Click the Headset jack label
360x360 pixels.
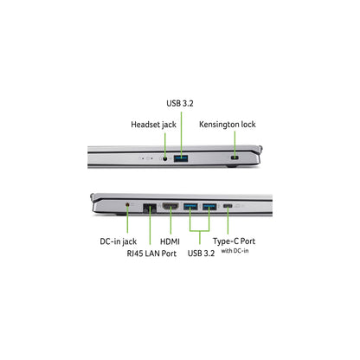(x=153, y=125)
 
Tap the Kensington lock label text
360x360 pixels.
(x=228, y=125)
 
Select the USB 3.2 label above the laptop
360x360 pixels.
(x=180, y=103)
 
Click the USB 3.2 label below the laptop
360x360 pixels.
(x=201, y=254)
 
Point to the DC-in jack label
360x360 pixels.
(x=119, y=241)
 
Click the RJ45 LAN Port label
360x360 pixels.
(x=151, y=254)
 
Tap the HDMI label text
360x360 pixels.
(x=170, y=241)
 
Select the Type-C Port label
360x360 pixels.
(x=234, y=241)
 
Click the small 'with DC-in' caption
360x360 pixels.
(x=235, y=251)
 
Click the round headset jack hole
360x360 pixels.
(x=165, y=158)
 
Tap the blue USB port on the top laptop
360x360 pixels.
(x=181, y=158)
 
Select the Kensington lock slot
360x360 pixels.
(x=235, y=158)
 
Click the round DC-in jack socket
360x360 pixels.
(x=128, y=204)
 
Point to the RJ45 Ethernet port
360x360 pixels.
(x=150, y=208)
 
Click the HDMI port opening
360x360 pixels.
(x=170, y=206)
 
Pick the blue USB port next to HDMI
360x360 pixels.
(x=190, y=207)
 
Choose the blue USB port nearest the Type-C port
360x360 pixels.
(x=209, y=207)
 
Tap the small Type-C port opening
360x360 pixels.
(x=228, y=206)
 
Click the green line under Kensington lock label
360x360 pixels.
(x=235, y=145)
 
